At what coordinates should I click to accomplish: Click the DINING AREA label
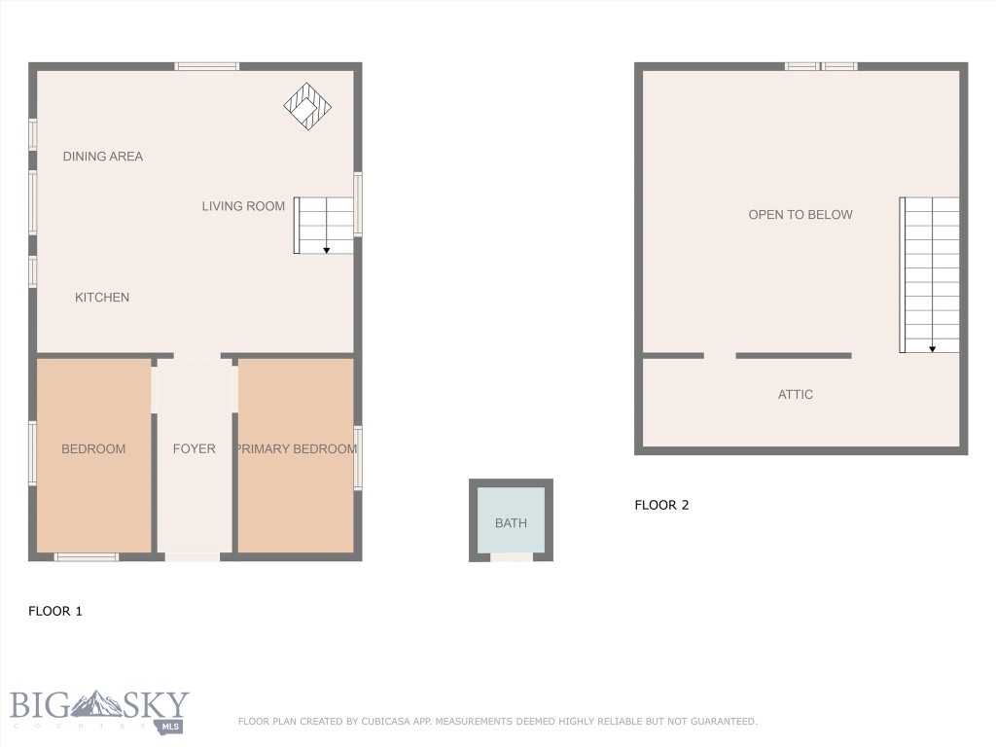coord(102,157)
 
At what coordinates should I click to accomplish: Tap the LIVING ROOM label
coord(243,206)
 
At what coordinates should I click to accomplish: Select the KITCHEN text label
coord(102,298)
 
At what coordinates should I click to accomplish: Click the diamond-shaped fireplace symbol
coord(307,106)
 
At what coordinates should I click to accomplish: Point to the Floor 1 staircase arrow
coord(327,249)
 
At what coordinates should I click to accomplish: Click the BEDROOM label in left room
coord(93,449)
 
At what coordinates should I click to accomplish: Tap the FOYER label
coord(195,449)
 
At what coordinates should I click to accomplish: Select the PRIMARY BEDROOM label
coord(296,449)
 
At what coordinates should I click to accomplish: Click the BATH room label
coord(511,523)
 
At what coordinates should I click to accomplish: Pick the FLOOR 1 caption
coord(55,612)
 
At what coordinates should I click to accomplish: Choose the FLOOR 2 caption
coord(661,506)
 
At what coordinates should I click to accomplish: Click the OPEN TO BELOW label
coord(800,215)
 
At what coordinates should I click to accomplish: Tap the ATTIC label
coord(796,395)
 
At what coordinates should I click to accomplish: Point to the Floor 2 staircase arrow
coord(932,347)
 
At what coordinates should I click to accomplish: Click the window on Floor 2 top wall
coord(821,66)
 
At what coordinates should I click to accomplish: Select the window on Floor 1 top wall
coord(206,66)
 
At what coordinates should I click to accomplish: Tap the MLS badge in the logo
coord(170,726)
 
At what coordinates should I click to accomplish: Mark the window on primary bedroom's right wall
coord(358,457)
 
